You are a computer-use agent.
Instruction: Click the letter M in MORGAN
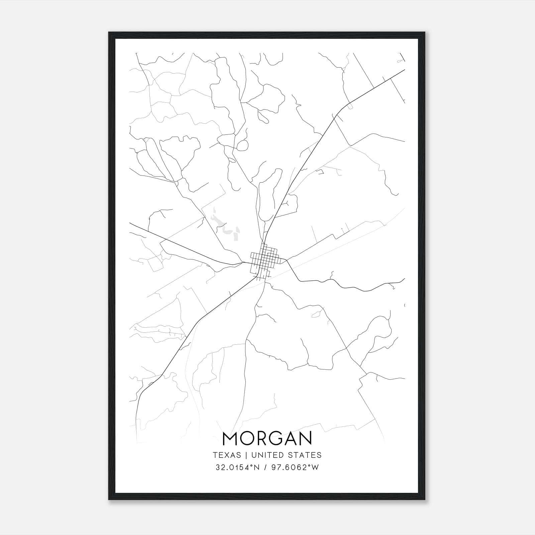coord(230,438)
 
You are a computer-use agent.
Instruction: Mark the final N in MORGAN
coord(307,438)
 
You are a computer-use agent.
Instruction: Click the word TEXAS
coord(227,455)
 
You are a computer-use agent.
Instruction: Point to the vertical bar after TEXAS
coord(246,455)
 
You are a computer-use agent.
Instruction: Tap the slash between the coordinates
coord(265,467)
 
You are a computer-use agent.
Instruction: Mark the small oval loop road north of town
coord(242,145)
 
